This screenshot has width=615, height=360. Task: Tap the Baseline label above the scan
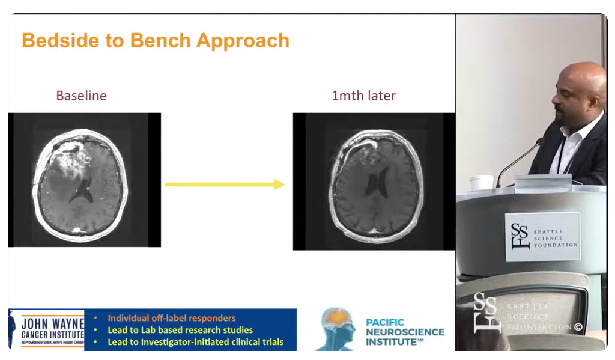[81, 96]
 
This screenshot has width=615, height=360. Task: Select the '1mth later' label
[363, 96]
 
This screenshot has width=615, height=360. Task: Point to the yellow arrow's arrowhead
[279, 185]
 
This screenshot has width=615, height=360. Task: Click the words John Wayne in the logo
[53, 323]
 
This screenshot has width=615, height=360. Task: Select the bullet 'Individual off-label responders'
[172, 318]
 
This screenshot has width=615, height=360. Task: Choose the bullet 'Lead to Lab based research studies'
[180, 330]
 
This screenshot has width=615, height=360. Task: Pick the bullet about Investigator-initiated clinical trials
[195, 342]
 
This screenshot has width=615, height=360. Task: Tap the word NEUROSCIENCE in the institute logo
[405, 332]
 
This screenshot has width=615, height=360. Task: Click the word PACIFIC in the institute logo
[385, 322]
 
